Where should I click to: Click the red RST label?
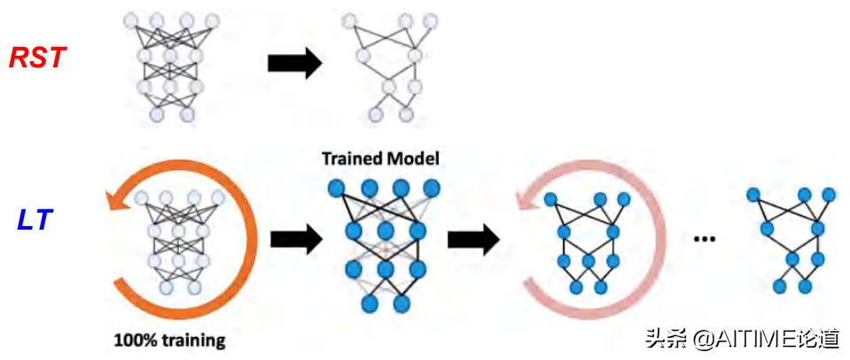(x=37, y=59)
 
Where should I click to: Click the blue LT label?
(x=36, y=218)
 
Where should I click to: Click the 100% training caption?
(x=168, y=340)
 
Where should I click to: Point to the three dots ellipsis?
(x=705, y=239)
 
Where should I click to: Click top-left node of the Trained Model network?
(x=338, y=189)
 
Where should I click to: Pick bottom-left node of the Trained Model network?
(x=369, y=304)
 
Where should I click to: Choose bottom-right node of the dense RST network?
(x=187, y=115)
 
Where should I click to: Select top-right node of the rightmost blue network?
(x=828, y=193)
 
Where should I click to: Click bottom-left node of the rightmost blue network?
(x=780, y=286)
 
